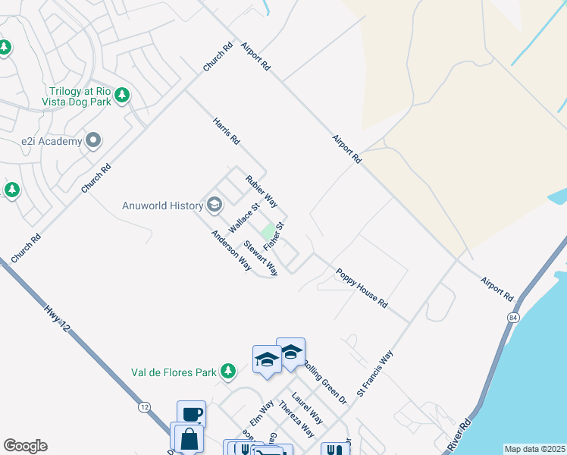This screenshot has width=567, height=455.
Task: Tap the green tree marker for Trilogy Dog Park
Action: click(x=122, y=96)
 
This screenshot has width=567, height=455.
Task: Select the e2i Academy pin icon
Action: click(x=93, y=140)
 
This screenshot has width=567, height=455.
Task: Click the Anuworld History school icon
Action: click(x=215, y=205)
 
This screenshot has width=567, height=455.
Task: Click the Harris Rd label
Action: click(x=226, y=130)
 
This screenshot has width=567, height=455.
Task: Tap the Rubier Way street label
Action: click(x=262, y=191)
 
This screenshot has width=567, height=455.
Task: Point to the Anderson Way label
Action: click(x=231, y=249)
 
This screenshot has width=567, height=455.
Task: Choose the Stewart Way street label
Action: click(x=260, y=258)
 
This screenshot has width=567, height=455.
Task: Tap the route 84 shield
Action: click(x=514, y=316)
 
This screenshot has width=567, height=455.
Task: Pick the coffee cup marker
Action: click(x=191, y=414)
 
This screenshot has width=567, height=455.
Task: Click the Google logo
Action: click(x=25, y=446)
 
